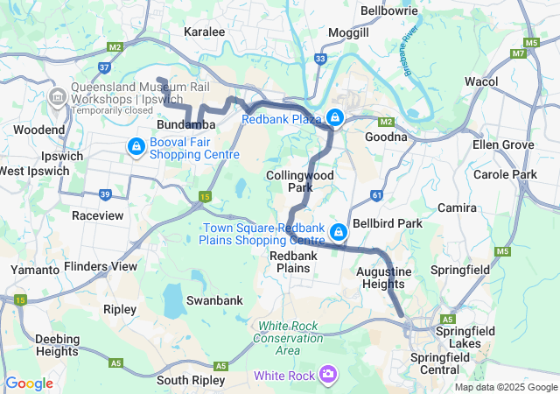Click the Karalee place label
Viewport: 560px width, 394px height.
[205, 32]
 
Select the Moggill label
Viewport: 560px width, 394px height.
[348, 32]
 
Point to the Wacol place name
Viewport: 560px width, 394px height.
[481, 81]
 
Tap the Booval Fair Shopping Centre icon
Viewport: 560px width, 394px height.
[136, 146]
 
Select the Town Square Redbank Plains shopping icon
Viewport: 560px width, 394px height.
[339, 233]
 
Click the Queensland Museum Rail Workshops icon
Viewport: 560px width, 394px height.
[58, 95]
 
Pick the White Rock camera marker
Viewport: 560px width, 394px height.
[328, 375]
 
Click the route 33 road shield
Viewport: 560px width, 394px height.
[321, 59]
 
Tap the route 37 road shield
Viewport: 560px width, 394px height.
[104, 67]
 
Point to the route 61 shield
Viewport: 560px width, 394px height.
[376, 194]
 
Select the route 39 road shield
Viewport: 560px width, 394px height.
[105, 194]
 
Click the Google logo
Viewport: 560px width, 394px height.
[29, 383]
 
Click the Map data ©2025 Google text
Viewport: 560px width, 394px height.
[506, 387]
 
